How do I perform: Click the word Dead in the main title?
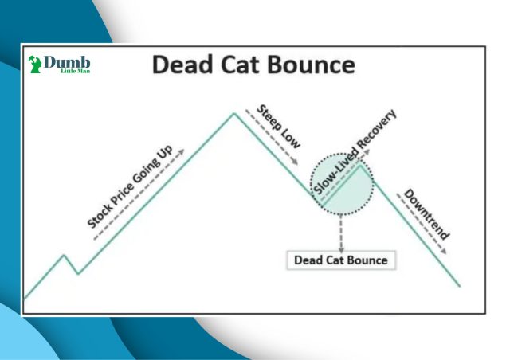coord(182,65)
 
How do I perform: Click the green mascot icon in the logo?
coord(34,64)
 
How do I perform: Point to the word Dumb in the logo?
coord(67,62)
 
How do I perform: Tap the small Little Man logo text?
coord(76,71)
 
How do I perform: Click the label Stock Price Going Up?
coord(130,186)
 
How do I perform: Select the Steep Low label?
coord(279,127)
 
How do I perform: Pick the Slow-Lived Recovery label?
coord(355,152)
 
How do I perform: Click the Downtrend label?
coord(427,214)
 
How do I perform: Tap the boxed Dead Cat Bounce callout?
coord(341,260)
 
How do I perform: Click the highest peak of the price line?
coord(233,114)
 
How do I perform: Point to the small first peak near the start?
coord(64,256)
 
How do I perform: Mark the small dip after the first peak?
coord(78,273)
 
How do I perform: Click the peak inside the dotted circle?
coord(360,166)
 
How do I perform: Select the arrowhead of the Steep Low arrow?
coord(295,162)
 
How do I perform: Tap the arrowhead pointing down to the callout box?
coord(341,250)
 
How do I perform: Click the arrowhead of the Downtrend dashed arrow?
coord(443,251)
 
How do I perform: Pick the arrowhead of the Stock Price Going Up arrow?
coord(182,152)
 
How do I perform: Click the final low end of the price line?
coord(460,286)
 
